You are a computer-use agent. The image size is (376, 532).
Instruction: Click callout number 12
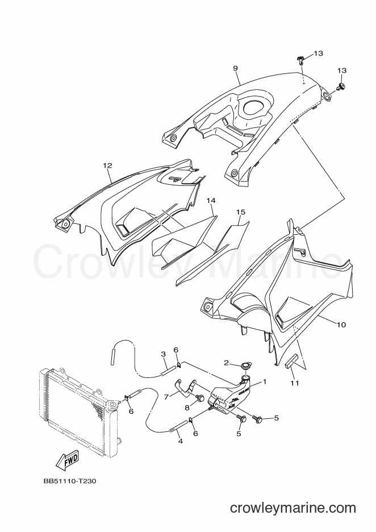point(107,165)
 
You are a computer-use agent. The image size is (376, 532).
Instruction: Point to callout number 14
point(211,201)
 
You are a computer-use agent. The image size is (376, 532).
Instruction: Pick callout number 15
point(241,212)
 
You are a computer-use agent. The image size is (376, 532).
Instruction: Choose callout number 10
point(341,325)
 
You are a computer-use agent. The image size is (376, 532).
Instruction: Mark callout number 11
point(295,383)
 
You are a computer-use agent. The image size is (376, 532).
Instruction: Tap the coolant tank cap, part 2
point(244,367)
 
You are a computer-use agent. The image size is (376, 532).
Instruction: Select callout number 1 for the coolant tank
point(265,382)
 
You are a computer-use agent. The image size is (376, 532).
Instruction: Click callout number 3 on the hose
point(163,354)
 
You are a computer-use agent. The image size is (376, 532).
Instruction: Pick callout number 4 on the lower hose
point(181,442)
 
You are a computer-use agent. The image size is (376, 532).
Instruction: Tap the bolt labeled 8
point(199,397)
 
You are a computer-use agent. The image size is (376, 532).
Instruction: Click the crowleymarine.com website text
point(293,508)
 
